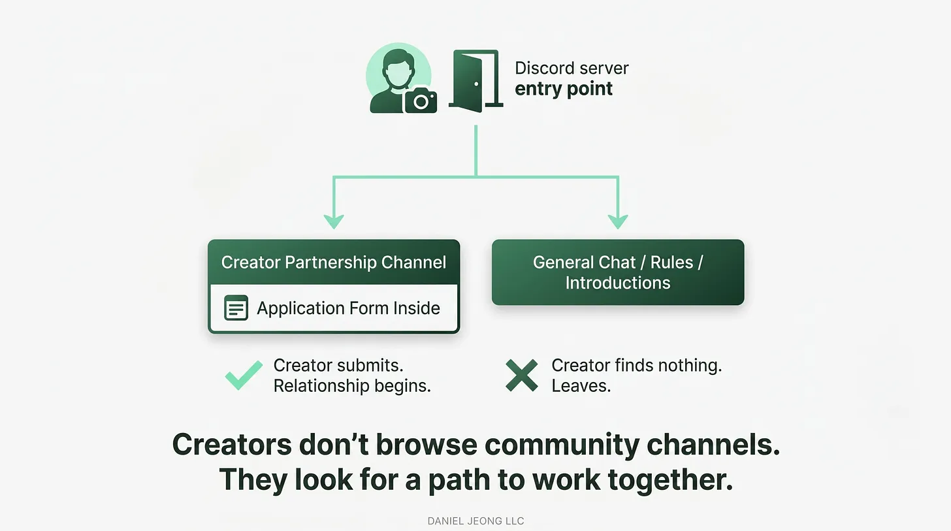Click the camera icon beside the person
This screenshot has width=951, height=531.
(421, 100)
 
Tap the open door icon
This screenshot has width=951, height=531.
(476, 80)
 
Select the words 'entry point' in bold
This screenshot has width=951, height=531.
(564, 89)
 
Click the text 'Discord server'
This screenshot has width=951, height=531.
(572, 68)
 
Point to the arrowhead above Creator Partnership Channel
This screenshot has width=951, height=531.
(334, 221)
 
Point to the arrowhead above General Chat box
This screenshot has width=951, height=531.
(618, 221)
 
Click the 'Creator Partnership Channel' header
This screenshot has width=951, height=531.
(334, 263)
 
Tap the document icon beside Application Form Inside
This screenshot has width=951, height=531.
(236, 308)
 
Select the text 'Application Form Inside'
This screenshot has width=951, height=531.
(348, 308)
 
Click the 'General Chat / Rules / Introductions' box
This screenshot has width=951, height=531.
(618, 272)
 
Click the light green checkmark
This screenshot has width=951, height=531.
(244, 375)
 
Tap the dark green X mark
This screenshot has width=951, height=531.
(522, 375)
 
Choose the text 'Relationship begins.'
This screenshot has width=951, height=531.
(352, 386)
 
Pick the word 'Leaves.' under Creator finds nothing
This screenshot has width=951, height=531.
(581, 386)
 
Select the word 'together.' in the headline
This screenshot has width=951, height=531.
(670, 479)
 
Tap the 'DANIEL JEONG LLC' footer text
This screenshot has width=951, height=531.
(475, 521)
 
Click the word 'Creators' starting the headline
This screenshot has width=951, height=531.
(232, 445)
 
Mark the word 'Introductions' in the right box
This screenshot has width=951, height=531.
(618, 283)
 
